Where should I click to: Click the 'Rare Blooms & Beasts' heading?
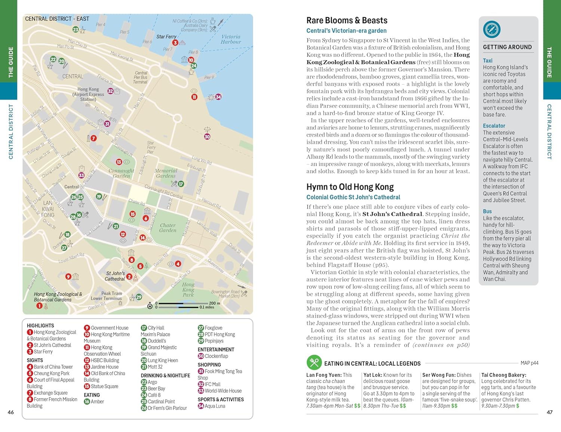coord(347,21)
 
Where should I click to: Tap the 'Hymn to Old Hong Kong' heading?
coord(350,187)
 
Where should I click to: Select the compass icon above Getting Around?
coord(491,30)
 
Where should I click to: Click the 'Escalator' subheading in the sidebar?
coord(494,126)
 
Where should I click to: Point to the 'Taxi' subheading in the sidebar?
coord(487,61)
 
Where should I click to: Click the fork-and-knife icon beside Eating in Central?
coord(314,362)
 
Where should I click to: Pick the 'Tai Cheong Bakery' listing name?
coord(503,375)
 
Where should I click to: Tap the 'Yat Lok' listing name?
coord(373,375)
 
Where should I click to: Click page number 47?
coord(549,412)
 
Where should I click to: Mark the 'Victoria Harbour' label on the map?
coord(231,39)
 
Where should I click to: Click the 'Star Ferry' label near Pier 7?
coord(166,37)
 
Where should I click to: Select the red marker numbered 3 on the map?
coord(175,43)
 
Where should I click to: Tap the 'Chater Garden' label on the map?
coord(168,228)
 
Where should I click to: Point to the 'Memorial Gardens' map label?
coord(166,173)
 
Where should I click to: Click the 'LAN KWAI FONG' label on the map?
coord(48,209)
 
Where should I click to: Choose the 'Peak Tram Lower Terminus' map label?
coord(106,296)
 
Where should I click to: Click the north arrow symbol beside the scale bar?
coord(150,306)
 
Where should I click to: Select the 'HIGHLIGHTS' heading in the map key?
coord(40,326)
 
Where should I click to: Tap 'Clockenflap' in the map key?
coord(216,356)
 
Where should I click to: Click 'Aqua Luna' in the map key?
coord(215,406)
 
